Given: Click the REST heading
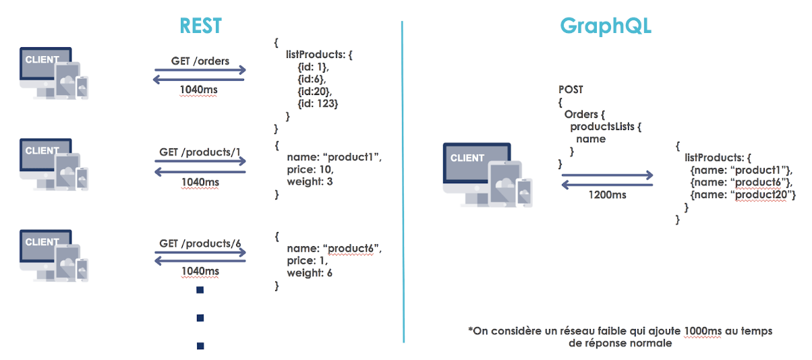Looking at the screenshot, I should coord(200,26).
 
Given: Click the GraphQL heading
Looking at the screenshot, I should coord(606,26).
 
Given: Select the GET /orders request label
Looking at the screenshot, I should coord(200,61).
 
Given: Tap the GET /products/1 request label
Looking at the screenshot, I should coord(200,152).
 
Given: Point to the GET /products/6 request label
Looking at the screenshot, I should coord(200,243).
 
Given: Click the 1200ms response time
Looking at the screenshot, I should coord(607,195).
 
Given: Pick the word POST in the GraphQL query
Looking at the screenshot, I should coord(571,89).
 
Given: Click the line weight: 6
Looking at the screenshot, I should coord(310,273).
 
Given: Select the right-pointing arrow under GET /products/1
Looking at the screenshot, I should coord(200,162).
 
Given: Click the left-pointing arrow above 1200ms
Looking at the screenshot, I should coord(607,184).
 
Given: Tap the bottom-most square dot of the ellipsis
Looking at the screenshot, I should coord(200,346).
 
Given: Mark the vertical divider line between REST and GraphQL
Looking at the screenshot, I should coord(403,182).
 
